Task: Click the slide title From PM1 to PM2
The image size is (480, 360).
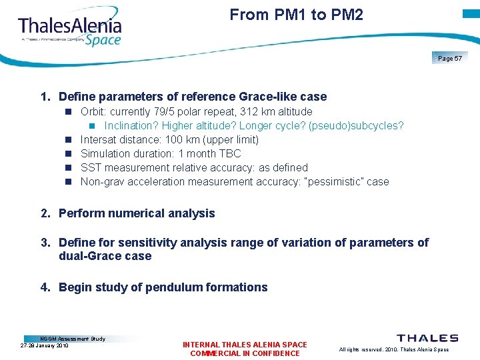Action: click(x=296, y=15)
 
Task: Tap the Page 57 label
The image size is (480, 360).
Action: click(x=450, y=59)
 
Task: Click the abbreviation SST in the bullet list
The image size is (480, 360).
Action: click(x=91, y=167)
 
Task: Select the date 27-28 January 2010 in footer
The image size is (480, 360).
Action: click(x=45, y=346)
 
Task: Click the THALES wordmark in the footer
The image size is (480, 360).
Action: click(x=427, y=339)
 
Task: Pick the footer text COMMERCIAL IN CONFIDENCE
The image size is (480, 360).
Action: click(x=245, y=353)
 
